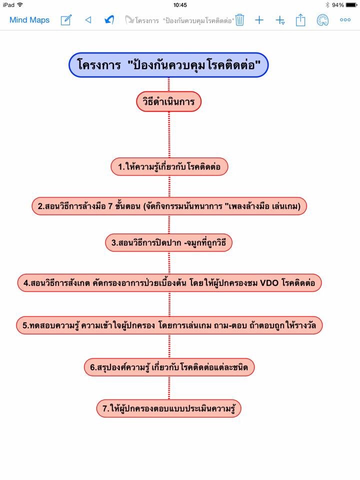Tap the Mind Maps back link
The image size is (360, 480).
[x=29, y=20]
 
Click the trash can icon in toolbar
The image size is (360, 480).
[x=240, y=20]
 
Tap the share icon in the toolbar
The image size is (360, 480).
[x=300, y=20]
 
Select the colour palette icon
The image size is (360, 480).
[x=322, y=20]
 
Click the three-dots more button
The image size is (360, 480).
[x=345, y=20]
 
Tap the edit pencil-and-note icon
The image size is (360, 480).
[x=66, y=20]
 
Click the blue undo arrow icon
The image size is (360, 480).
[x=109, y=20]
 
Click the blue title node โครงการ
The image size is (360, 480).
[x=168, y=65]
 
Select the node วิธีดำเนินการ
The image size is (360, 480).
[x=168, y=102]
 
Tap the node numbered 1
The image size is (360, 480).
[x=169, y=166]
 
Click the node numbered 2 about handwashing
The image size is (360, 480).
[x=169, y=205]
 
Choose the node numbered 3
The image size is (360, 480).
[x=169, y=243]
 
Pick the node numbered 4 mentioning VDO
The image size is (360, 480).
[x=169, y=282]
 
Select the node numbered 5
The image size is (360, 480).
[x=169, y=325]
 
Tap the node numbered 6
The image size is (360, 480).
[x=169, y=367]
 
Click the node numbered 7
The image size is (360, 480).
[x=169, y=408]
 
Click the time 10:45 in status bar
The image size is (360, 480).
[x=180, y=5]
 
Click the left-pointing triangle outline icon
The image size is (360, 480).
[x=88, y=20]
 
